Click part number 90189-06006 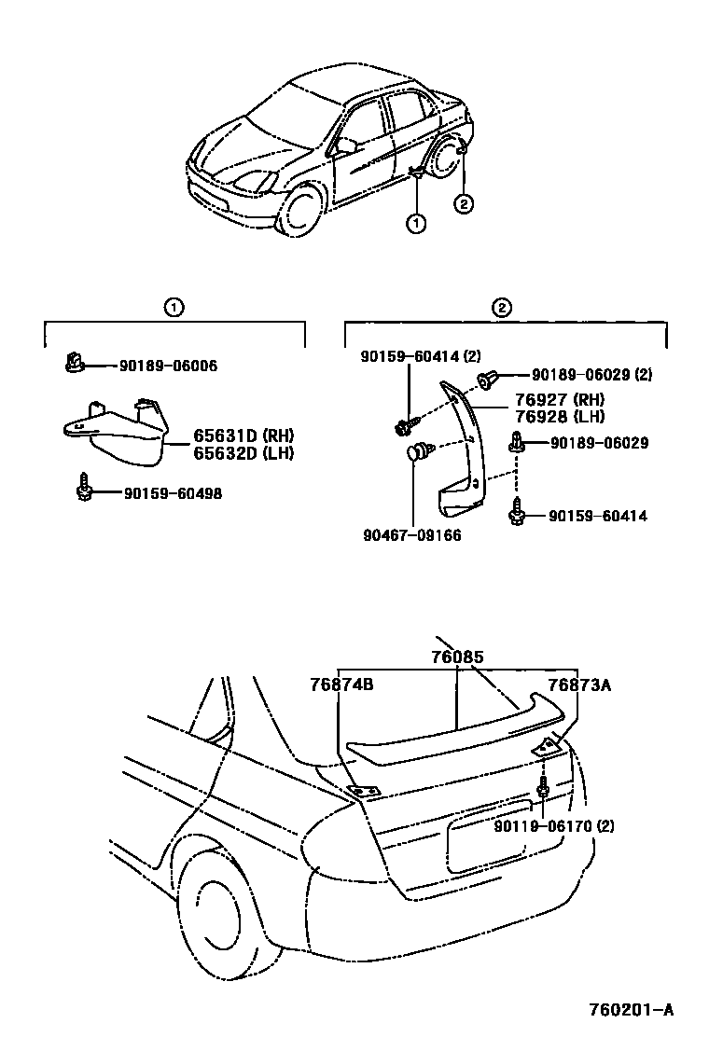point(168,366)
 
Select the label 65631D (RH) point(243,436)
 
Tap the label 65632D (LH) point(243,453)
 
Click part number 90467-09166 point(412,535)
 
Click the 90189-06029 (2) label point(591,375)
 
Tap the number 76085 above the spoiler point(457,657)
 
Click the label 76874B point(341,684)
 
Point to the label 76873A point(578,684)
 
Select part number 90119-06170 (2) point(554,826)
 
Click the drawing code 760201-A point(631,1009)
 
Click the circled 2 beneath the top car point(463,204)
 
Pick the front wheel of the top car point(301,212)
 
